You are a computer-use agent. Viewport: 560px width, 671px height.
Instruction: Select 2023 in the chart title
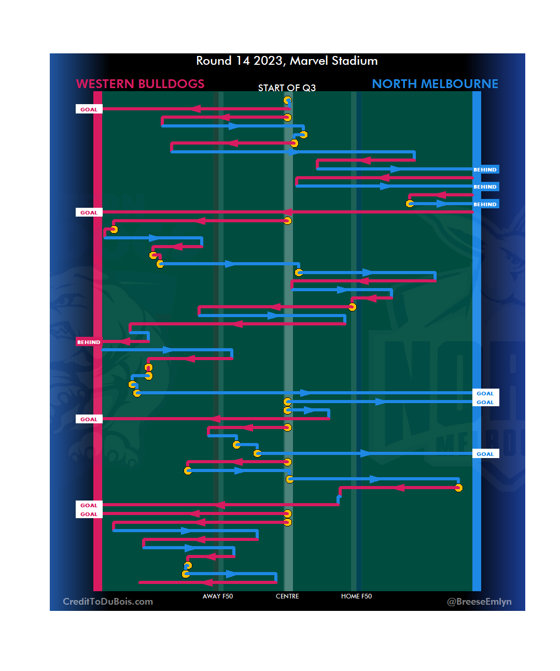coord(268,61)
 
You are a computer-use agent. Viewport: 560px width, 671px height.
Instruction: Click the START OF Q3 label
coord(287,88)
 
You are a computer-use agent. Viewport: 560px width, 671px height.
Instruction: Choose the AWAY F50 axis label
coord(218,596)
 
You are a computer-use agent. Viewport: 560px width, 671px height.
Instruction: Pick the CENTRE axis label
coord(287,596)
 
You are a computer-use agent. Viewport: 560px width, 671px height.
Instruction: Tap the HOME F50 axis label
coord(356,596)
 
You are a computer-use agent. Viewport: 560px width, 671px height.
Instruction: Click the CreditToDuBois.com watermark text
coord(108,602)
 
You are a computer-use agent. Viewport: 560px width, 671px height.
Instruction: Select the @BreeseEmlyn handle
coord(479,602)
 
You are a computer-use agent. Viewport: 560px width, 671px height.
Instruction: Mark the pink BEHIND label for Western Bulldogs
coord(89,342)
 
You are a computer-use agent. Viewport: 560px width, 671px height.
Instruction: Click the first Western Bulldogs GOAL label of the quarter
coord(89,109)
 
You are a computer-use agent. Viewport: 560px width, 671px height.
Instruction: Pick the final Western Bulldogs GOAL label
coord(89,514)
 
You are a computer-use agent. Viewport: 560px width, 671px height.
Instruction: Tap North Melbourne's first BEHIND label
coord(485,169)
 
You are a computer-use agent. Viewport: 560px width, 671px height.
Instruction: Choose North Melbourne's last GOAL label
coord(485,454)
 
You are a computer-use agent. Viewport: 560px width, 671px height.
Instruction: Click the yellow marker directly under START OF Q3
coord(287,101)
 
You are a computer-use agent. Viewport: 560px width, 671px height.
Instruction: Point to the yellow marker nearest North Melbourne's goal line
coord(458,488)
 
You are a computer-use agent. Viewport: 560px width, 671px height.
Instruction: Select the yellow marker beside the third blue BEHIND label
coord(410,204)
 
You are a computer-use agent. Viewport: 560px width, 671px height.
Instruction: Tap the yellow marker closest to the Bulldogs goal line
coord(114,230)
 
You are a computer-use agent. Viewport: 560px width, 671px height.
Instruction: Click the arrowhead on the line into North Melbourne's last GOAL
coord(366,453)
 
